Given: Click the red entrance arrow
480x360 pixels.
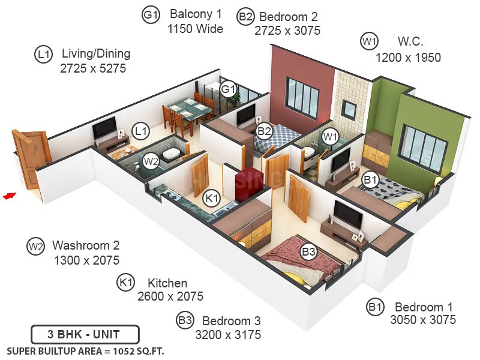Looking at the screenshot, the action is [x=10, y=196].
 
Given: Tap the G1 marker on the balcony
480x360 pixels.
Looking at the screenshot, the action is [x=229, y=89].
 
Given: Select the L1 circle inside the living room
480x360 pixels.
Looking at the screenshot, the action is [x=140, y=131].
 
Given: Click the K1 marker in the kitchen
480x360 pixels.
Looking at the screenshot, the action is [x=212, y=198].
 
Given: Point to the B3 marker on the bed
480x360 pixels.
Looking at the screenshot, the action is [x=308, y=251].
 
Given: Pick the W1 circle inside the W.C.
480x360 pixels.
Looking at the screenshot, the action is [x=330, y=137].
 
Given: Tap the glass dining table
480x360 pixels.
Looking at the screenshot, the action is [x=189, y=108].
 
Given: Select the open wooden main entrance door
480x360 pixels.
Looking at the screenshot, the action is [x=29, y=158].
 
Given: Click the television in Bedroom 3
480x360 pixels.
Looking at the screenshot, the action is [x=348, y=214].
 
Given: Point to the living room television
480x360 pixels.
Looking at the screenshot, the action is [x=104, y=127].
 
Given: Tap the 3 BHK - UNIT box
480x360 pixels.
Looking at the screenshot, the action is [x=85, y=334].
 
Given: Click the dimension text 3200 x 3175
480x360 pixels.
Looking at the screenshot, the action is [x=228, y=335].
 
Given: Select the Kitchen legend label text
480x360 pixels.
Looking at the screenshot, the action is [x=167, y=283].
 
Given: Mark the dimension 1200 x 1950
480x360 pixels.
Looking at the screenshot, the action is [x=408, y=57].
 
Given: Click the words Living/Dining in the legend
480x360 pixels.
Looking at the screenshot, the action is [x=96, y=53].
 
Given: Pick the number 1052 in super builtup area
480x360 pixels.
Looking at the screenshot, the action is [x=124, y=352].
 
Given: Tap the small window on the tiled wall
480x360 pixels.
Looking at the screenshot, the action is [x=349, y=109].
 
